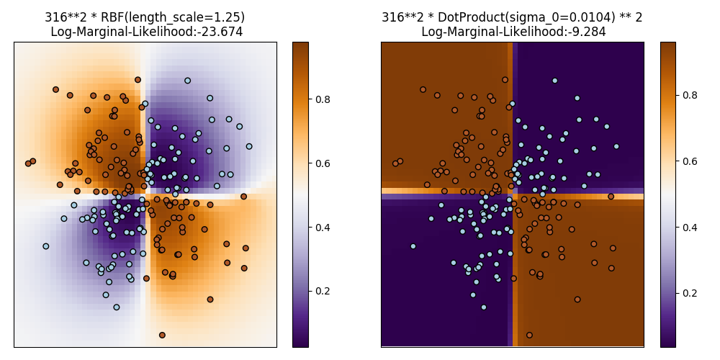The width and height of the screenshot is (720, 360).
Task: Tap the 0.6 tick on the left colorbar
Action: (x=326, y=163)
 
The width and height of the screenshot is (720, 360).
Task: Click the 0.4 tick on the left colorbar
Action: (x=326, y=228)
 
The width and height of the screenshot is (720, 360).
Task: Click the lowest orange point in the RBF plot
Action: (x=162, y=335)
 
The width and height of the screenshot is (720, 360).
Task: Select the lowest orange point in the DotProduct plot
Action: (x=529, y=335)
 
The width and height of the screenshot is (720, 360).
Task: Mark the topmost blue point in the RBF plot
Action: (x=187, y=81)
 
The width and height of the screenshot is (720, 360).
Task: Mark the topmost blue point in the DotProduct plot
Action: (x=554, y=81)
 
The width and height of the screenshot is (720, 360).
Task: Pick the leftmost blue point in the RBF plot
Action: (x=45, y=246)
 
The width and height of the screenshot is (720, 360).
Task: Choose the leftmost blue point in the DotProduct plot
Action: (x=413, y=246)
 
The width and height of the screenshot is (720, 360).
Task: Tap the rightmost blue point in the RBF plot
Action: (x=249, y=146)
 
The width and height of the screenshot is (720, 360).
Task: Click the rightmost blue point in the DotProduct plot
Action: (x=616, y=146)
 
